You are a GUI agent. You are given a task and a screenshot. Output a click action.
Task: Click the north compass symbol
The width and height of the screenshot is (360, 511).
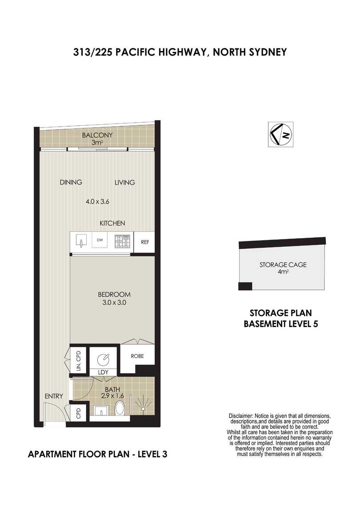[x=280, y=134]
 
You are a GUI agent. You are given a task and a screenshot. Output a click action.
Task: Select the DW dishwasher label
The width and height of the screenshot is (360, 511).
[x=100, y=240]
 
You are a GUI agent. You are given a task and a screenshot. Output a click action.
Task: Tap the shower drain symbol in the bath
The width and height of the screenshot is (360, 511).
[x=143, y=408]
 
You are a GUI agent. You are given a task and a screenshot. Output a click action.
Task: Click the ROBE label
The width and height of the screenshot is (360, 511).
[x=137, y=356]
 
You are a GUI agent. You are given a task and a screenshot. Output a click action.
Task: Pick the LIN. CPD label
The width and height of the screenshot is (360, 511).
[x=78, y=360]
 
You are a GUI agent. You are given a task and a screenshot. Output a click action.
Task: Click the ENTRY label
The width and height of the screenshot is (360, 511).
[x=54, y=396]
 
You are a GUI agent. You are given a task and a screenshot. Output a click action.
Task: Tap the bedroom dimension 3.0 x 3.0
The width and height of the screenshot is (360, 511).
[x=114, y=303]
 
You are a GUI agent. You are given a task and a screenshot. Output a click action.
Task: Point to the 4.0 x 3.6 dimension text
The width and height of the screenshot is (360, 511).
[x=97, y=201]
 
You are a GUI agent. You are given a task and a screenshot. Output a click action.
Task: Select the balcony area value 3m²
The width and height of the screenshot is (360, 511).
[x=97, y=143]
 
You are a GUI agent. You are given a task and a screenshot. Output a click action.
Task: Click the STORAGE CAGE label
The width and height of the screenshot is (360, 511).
[x=283, y=265]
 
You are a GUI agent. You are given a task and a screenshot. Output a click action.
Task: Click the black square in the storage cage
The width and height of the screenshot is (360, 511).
[x=245, y=286]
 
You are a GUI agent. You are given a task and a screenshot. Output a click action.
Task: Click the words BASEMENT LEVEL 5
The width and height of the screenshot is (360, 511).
[x=281, y=324]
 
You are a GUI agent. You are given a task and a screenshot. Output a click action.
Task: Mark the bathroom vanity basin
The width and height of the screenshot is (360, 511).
[x=101, y=410]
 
